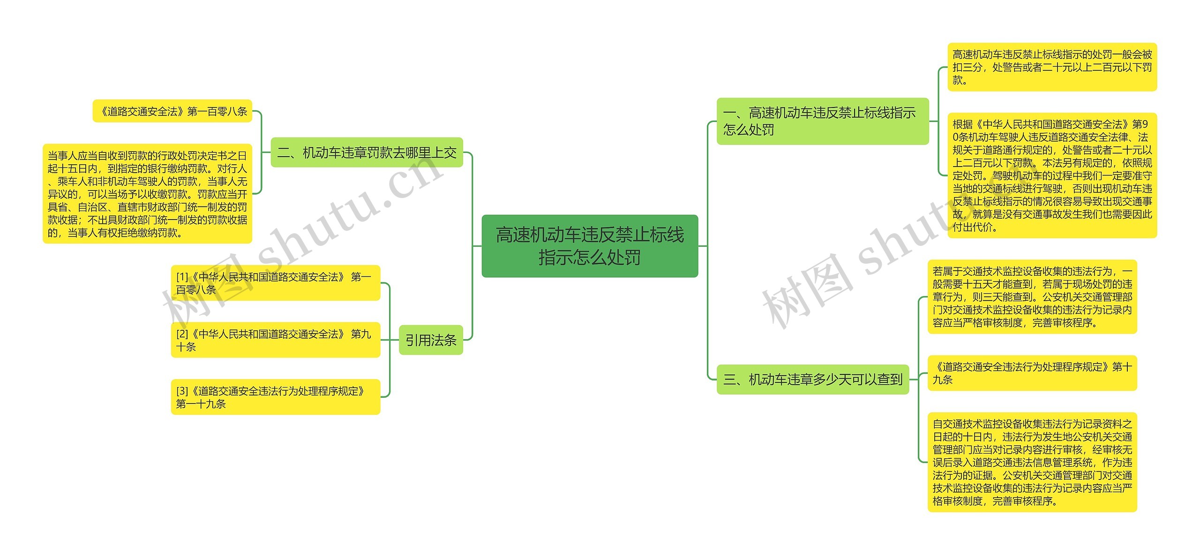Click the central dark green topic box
tap(590, 246)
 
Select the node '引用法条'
tap(431, 340)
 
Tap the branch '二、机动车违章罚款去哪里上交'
tap(367, 152)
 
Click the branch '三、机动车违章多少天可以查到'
tap(812, 379)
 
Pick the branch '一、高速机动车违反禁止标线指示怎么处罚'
tap(822, 121)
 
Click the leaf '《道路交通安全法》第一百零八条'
tap(172, 111)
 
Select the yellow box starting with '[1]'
tap(275, 283)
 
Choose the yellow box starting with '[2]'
tap(275, 340)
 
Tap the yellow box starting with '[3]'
tap(275, 397)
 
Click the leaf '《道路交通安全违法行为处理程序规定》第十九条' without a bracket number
tap(1032, 373)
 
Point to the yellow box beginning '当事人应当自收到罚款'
tap(147, 194)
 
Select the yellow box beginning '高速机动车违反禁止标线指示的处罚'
tap(1052, 67)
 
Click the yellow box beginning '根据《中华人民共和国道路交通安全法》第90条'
tap(1052, 175)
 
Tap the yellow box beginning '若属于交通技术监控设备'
tap(1032, 297)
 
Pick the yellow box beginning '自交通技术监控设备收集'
tap(1032, 462)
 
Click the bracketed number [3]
tap(182, 391)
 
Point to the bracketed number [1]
tap(182, 277)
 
